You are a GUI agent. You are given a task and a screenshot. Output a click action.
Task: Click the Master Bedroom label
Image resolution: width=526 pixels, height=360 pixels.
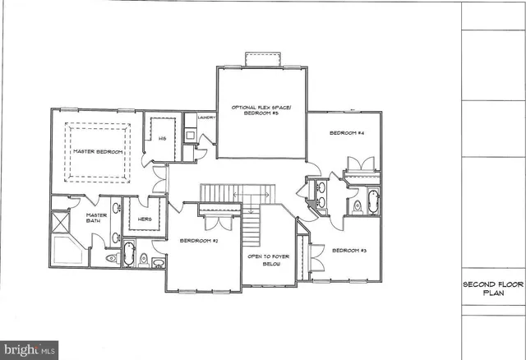pos(97,152)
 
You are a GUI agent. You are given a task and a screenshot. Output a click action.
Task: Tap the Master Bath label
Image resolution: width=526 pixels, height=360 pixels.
pos(97,218)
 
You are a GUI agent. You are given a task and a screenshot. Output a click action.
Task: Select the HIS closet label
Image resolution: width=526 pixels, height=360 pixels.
pos(163,138)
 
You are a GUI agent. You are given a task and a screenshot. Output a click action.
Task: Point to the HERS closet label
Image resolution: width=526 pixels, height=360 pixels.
pos(145,219)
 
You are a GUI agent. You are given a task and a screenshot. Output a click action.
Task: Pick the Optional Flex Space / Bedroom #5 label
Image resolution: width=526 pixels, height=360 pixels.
pos(261,110)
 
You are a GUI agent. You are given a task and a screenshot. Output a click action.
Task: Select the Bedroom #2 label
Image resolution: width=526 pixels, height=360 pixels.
pos(198,240)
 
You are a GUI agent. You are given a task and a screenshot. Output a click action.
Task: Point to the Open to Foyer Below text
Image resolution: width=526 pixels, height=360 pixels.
pos(266,262)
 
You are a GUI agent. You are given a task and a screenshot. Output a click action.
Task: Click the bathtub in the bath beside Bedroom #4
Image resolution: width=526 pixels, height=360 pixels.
pos(372,201)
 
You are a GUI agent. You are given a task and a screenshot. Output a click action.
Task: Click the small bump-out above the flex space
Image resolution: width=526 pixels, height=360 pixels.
pos(262,59)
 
